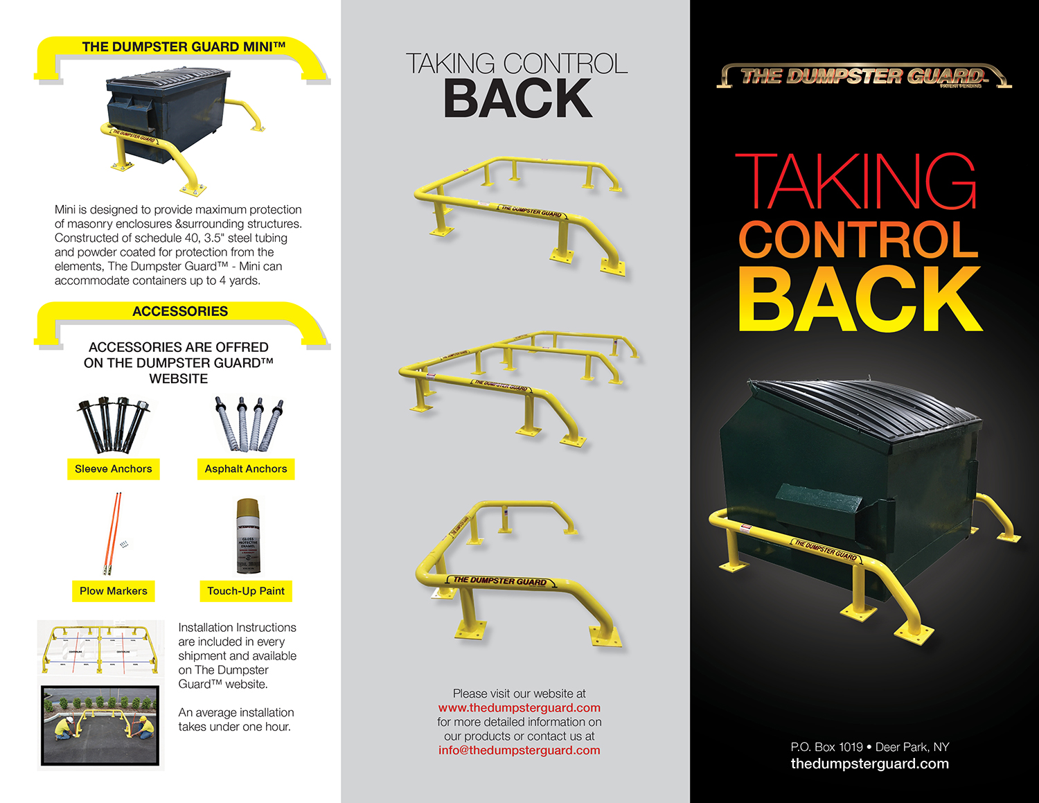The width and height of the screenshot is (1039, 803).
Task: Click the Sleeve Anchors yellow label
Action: click(x=114, y=469)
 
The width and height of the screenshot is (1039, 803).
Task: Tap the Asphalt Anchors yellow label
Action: click(x=246, y=469)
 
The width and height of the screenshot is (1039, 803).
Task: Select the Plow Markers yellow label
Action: click(x=114, y=591)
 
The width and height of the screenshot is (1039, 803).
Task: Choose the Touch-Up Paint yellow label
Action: click(x=246, y=591)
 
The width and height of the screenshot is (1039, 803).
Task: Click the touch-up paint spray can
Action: click(x=248, y=536)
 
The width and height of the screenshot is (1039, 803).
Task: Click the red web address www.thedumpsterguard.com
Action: click(x=519, y=708)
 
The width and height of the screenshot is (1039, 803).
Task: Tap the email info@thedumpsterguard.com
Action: click(x=519, y=750)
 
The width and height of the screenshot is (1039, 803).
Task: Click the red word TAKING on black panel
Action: click(x=856, y=182)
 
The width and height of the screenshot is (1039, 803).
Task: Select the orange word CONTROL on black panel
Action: click(x=859, y=240)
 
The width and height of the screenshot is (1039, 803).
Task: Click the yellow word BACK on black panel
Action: click(x=860, y=299)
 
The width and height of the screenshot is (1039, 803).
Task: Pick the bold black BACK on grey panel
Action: click(x=518, y=99)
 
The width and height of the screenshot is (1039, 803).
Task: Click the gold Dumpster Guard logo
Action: click(x=864, y=76)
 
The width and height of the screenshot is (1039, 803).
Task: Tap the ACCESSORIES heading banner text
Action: click(x=180, y=312)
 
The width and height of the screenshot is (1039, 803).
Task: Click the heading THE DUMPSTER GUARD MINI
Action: click(x=184, y=47)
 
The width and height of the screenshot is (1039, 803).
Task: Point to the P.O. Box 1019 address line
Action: click(x=869, y=747)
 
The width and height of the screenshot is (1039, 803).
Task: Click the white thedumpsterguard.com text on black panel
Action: click(x=869, y=764)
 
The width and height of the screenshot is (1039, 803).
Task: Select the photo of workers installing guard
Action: click(x=100, y=725)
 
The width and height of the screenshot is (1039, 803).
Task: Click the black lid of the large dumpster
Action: click(x=866, y=409)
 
